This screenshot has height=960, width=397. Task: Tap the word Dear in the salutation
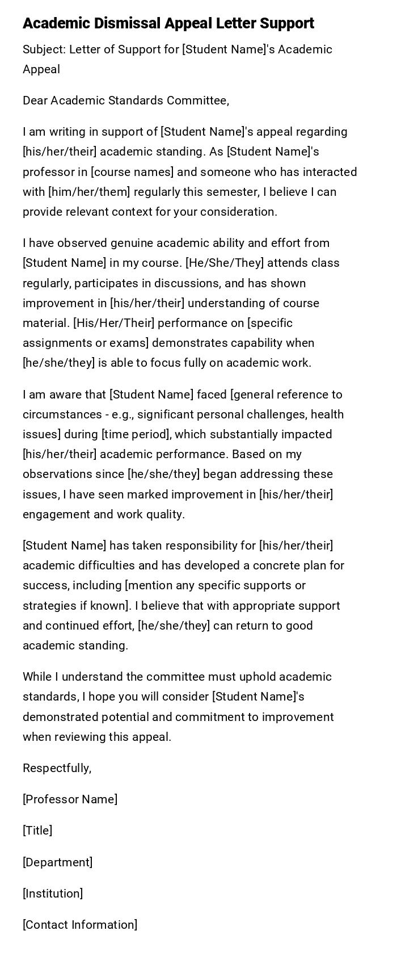[35, 100]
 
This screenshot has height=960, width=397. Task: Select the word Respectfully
[57, 768]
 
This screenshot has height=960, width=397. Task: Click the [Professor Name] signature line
[70, 799]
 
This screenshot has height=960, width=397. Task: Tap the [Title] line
[37, 831]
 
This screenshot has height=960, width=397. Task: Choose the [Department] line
[57, 862]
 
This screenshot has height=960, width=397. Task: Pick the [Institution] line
[53, 893]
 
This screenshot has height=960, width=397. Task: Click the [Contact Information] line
[80, 924]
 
